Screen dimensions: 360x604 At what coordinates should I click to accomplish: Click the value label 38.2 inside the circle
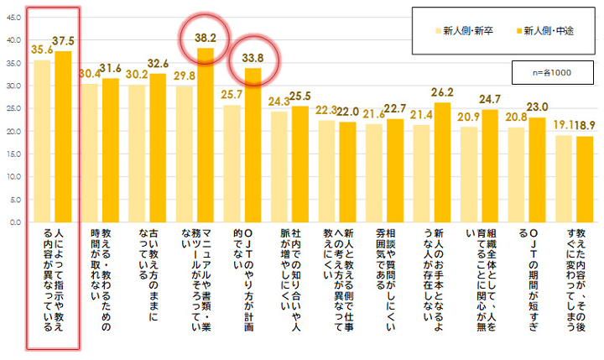pos(206,39)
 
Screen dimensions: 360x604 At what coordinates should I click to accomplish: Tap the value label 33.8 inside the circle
pos(253,59)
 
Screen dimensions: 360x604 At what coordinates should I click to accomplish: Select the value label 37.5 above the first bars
pos(63,40)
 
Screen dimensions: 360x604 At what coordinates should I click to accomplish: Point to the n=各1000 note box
pos(550,72)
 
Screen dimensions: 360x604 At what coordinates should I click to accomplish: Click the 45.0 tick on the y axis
pos(13,16)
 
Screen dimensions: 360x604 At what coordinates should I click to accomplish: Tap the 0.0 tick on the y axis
pos(15,222)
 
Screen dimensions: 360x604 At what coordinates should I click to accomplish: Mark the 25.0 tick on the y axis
pos(13,108)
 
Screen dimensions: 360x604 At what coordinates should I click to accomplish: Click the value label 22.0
pos(349,111)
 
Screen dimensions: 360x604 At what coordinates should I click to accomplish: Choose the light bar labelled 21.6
pos(372,173)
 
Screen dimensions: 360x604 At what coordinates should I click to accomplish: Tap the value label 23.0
pos(538,107)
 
